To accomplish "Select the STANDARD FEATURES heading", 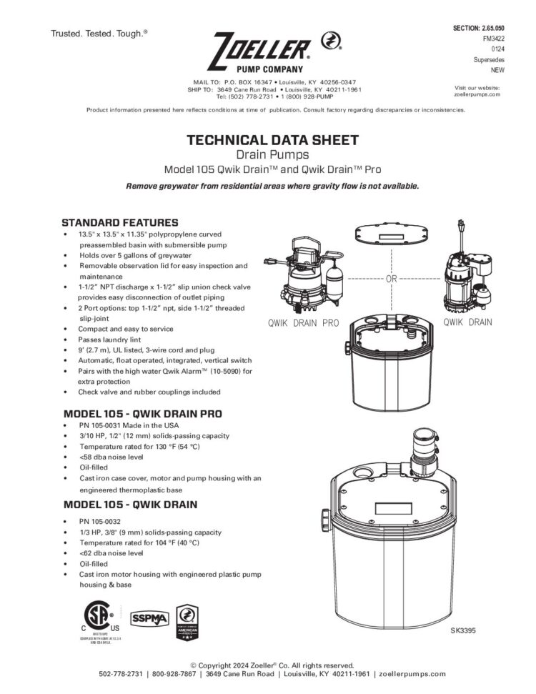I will [120, 222].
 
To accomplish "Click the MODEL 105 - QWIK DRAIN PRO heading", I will [143, 414].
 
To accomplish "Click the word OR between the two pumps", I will [391, 279].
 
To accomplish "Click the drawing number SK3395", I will [463, 631].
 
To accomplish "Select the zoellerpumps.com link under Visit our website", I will [477, 94].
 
